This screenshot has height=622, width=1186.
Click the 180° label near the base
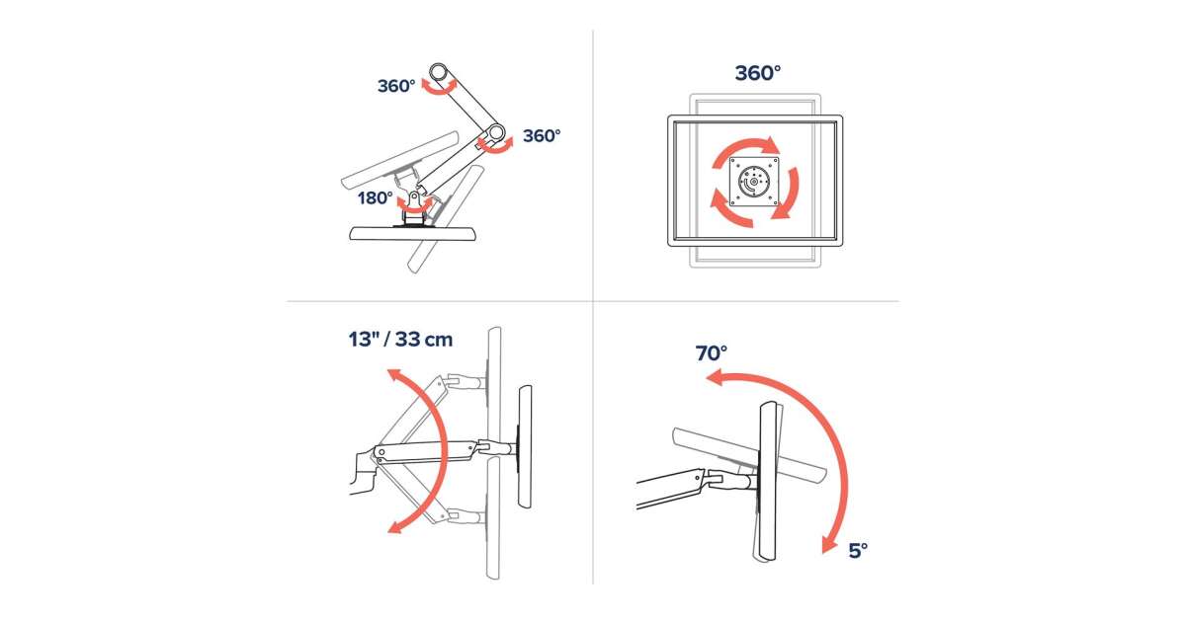point(375,198)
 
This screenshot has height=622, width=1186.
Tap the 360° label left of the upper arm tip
point(396,86)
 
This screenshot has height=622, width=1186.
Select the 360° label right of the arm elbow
point(542,136)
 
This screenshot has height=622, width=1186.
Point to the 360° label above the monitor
point(758,73)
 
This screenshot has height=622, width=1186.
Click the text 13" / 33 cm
point(400,339)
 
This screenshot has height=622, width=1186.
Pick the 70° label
point(711,352)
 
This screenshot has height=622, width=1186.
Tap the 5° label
point(858,551)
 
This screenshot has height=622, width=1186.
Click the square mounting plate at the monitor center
point(754,181)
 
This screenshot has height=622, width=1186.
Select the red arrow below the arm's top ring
point(439,87)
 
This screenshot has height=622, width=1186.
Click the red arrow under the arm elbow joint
point(495,145)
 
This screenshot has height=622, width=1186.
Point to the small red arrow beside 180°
point(414,205)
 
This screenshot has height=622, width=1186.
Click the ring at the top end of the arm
point(439,71)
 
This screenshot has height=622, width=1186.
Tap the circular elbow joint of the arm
point(495,131)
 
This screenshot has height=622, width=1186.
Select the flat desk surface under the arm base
point(413,233)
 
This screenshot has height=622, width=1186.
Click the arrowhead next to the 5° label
point(829,543)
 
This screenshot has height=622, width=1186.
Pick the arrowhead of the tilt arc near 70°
point(715,378)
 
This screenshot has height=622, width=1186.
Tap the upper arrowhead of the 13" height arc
point(395,376)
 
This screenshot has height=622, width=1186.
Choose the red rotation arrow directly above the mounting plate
point(745,149)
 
